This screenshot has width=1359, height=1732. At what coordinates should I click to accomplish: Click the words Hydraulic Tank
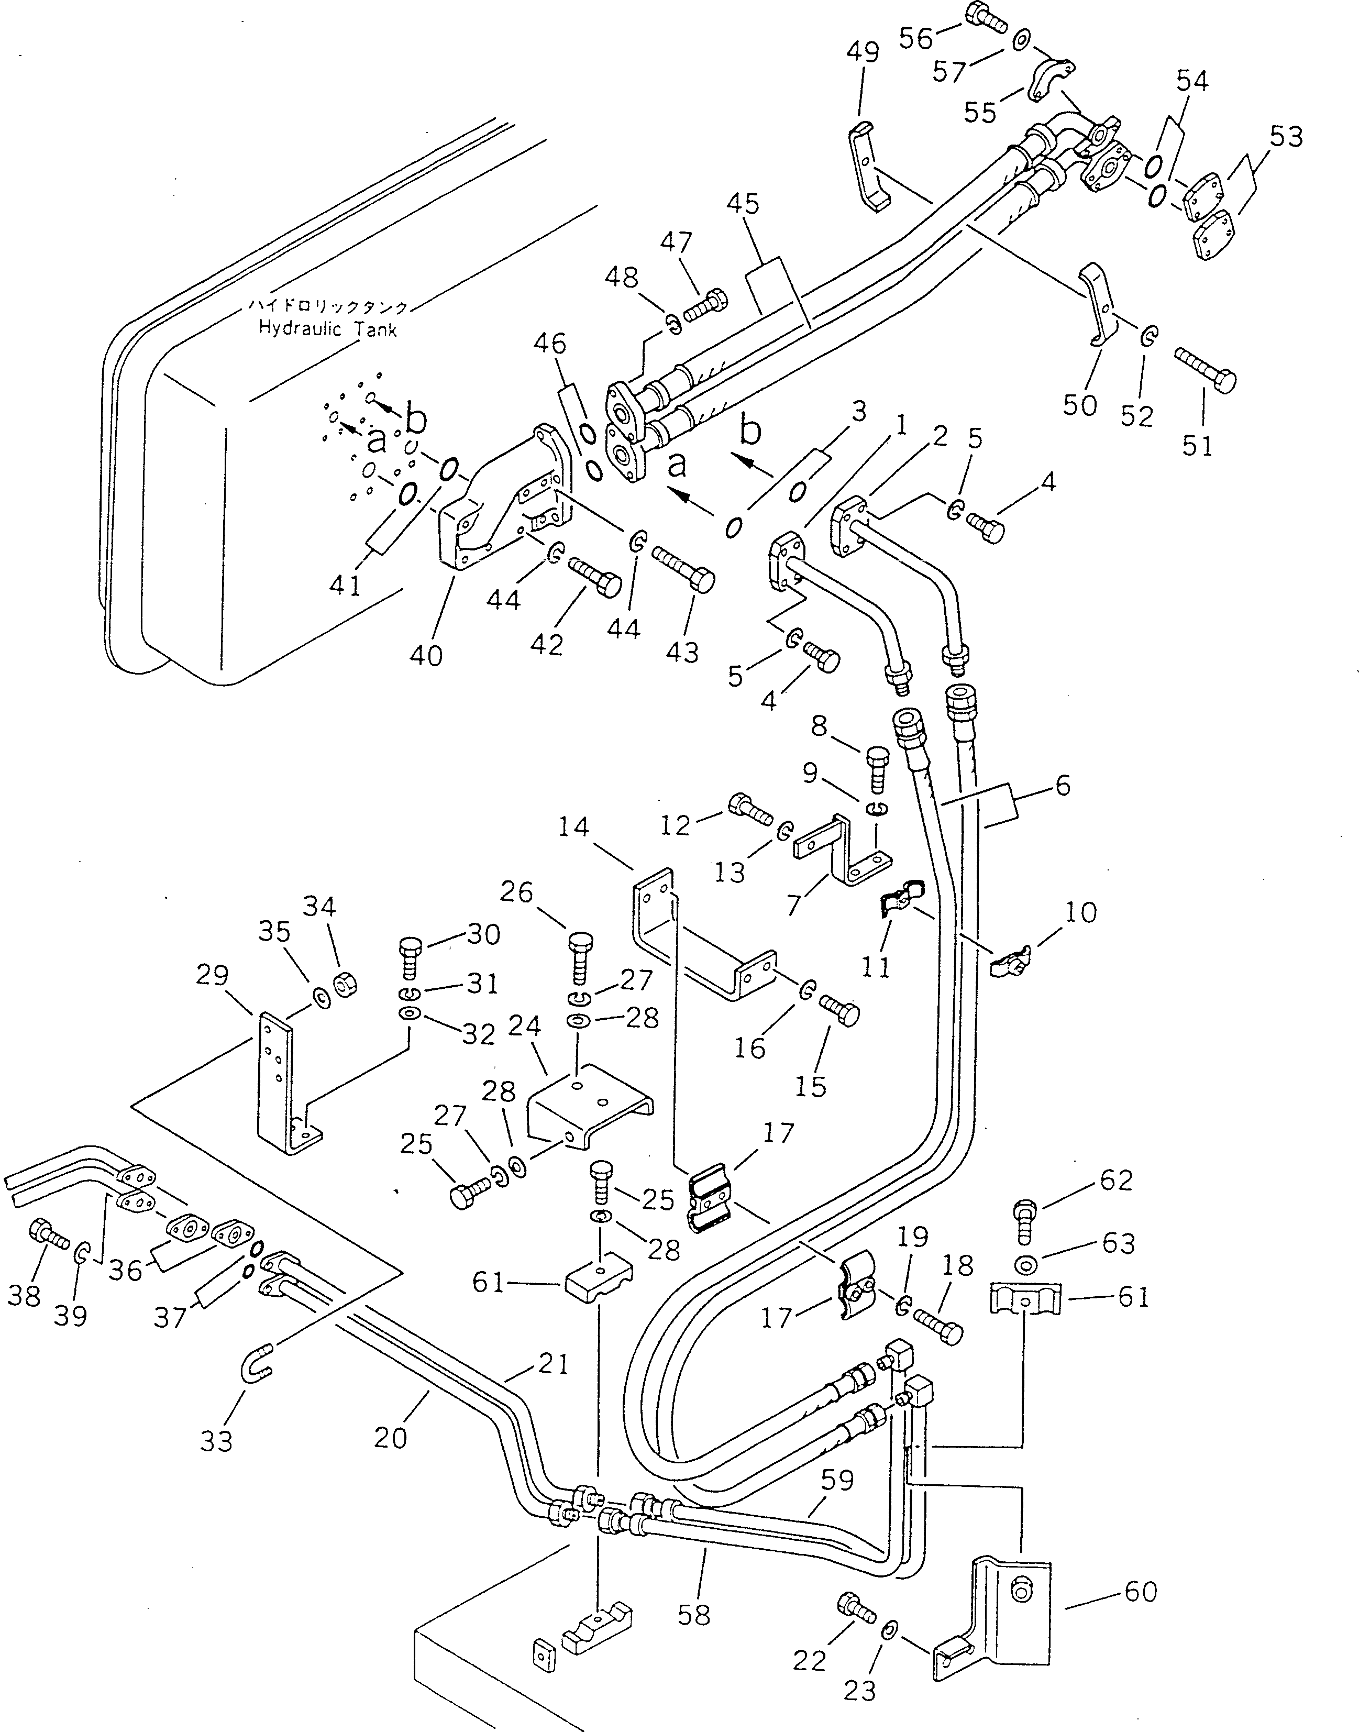[327, 328]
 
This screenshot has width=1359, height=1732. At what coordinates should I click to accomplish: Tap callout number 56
[916, 37]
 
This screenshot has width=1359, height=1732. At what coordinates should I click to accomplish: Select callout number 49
[863, 52]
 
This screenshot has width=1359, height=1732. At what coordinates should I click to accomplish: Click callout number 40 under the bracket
[426, 656]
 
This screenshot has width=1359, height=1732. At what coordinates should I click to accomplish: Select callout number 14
[573, 828]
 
